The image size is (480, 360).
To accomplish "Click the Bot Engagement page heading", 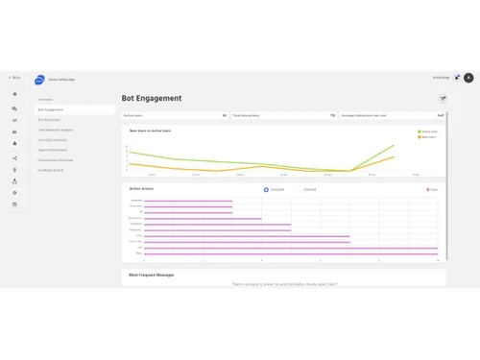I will [x=152, y=98].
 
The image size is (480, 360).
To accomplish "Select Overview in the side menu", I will [x=45, y=99].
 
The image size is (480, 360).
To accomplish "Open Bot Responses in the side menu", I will [x=49, y=119].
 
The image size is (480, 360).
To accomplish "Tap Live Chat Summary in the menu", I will [x=52, y=139].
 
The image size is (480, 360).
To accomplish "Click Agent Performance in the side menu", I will [x=54, y=150].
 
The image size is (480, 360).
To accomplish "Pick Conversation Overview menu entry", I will [x=56, y=159].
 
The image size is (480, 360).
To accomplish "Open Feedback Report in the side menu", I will [x=50, y=170].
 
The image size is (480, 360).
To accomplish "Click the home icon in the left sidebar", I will [x=14, y=94].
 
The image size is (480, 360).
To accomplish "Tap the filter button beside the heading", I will [x=443, y=98].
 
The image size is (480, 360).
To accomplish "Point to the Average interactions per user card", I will [x=393, y=115].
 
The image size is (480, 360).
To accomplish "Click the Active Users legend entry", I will [x=428, y=132].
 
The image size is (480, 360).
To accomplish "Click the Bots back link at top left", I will [x=14, y=77].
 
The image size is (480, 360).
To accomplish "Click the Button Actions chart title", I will [x=141, y=189].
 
